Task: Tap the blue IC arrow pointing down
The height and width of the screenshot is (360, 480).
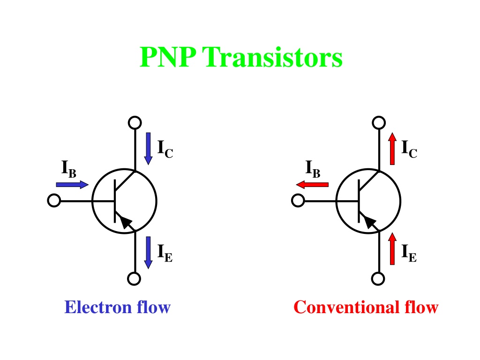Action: [149, 149]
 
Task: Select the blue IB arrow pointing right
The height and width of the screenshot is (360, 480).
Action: [72, 185]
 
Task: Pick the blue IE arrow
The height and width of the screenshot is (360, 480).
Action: [149, 253]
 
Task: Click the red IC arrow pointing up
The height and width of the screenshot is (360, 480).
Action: [392, 149]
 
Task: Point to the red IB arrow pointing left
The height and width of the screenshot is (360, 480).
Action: [312, 185]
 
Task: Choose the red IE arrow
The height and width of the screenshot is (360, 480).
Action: [392, 248]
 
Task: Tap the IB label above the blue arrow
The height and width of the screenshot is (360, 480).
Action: [69, 169]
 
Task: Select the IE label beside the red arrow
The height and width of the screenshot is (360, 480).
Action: [409, 253]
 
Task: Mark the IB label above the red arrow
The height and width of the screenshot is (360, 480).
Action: [313, 169]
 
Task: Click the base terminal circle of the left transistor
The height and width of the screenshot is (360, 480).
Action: [54, 201]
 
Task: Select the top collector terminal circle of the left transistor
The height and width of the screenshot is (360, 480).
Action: [135, 122]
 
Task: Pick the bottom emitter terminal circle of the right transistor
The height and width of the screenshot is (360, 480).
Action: [378, 278]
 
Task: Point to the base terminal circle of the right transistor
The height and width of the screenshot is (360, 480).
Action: [298, 201]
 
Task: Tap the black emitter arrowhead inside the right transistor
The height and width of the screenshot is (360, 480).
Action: [369, 221]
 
